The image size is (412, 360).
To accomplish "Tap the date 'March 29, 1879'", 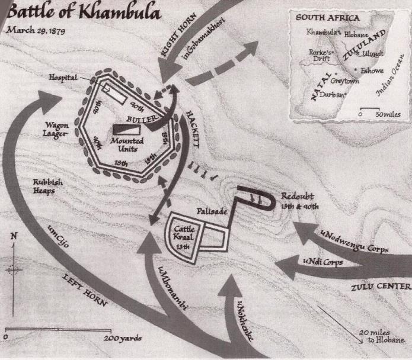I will click(x=35, y=30).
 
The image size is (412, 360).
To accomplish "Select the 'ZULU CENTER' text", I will click(x=380, y=288).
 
